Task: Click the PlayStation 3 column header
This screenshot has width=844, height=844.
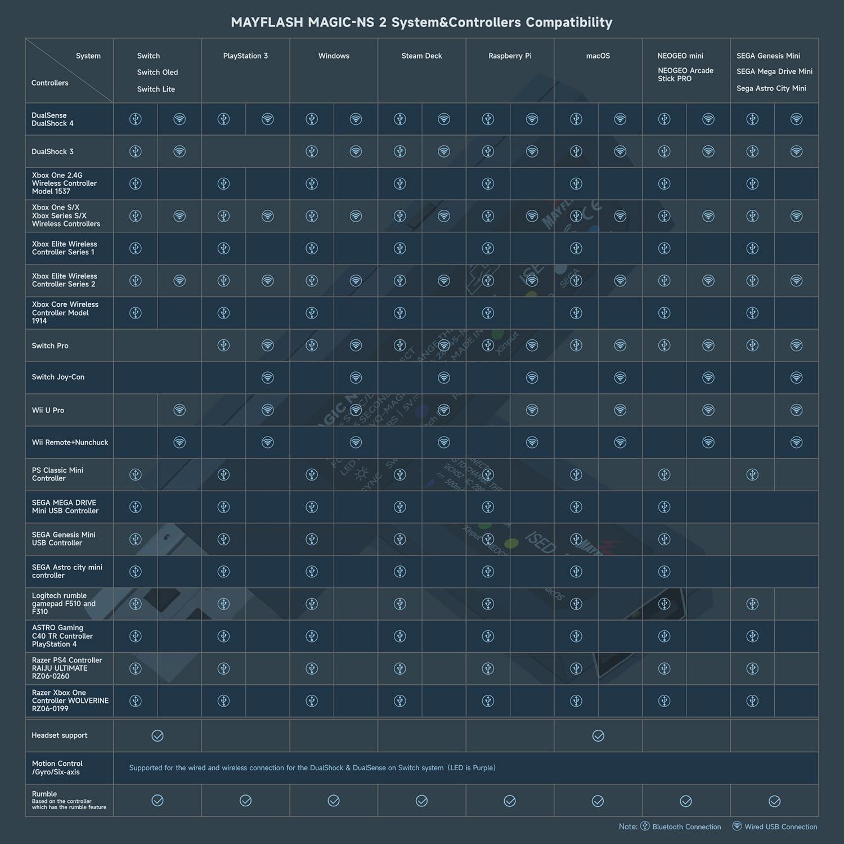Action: [245, 56]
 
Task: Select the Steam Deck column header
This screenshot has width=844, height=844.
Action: [421, 56]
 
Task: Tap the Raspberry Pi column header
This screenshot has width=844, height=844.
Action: [510, 56]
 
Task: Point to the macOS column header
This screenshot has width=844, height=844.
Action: [598, 56]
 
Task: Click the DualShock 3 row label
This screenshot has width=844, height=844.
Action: [52, 151]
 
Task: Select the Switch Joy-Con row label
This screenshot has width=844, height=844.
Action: [58, 377]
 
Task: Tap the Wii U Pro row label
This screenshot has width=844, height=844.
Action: [48, 410]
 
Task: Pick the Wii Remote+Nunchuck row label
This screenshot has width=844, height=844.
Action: [70, 442]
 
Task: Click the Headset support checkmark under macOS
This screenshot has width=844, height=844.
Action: [598, 735]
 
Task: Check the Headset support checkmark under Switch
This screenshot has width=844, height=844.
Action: [158, 735]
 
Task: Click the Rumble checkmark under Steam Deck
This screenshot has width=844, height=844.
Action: [421, 801]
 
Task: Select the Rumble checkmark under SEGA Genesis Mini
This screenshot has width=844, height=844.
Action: [774, 801]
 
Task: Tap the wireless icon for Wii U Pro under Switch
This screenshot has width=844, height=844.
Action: [179, 410]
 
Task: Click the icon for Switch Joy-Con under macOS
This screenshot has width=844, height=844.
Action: [620, 377]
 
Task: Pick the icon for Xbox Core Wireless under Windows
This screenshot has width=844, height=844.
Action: [312, 313]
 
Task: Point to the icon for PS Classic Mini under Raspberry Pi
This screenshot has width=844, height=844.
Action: [488, 474]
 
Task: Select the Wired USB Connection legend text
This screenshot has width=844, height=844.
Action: [780, 827]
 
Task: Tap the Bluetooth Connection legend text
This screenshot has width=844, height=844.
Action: [686, 827]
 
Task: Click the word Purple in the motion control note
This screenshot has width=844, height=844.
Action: [483, 767]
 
